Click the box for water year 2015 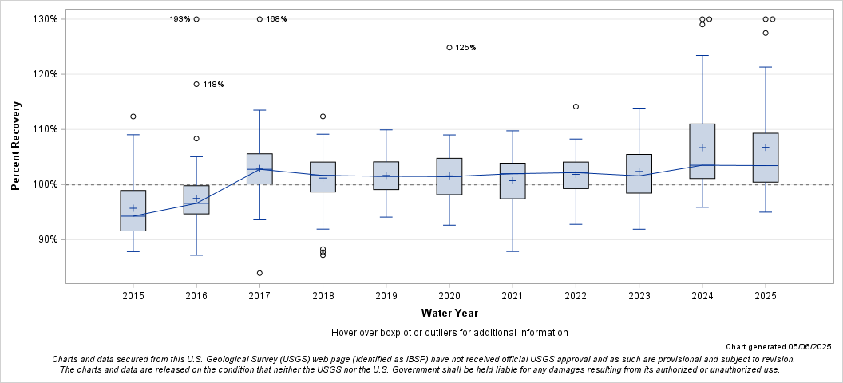pyautogui.click(x=133, y=211)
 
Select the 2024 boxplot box pyautogui.click(x=702, y=151)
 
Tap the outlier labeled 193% pyautogui.click(x=196, y=19)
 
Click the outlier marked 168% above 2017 pyautogui.click(x=259, y=19)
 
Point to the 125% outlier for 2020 pyautogui.click(x=449, y=48)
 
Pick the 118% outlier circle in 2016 pyautogui.click(x=196, y=85)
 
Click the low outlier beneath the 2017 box pyautogui.click(x=259, y=273)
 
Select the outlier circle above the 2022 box pyautogui.click(x=576, y=107)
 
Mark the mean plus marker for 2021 pyautogui.click(x=513, y=180)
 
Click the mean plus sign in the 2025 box pyautogui.click(x=765, y=147)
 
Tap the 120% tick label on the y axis pyautogui.click(x=46, y=74)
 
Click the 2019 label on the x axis pyautogui.click(x=386, y=296)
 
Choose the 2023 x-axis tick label pyautogui.click(x=639, y=296)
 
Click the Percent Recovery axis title pyautogui.click(x=16, y=145)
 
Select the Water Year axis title pyautogui.click(x=449, y=313)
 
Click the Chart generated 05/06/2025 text pyautogui.click(x=778, y=347)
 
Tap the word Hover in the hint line pyautogui.click(x=345, y=332)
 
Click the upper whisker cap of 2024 pyautogui.click(x=702, y=56)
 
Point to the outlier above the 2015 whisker pyautogui.click(x=133, y=116)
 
